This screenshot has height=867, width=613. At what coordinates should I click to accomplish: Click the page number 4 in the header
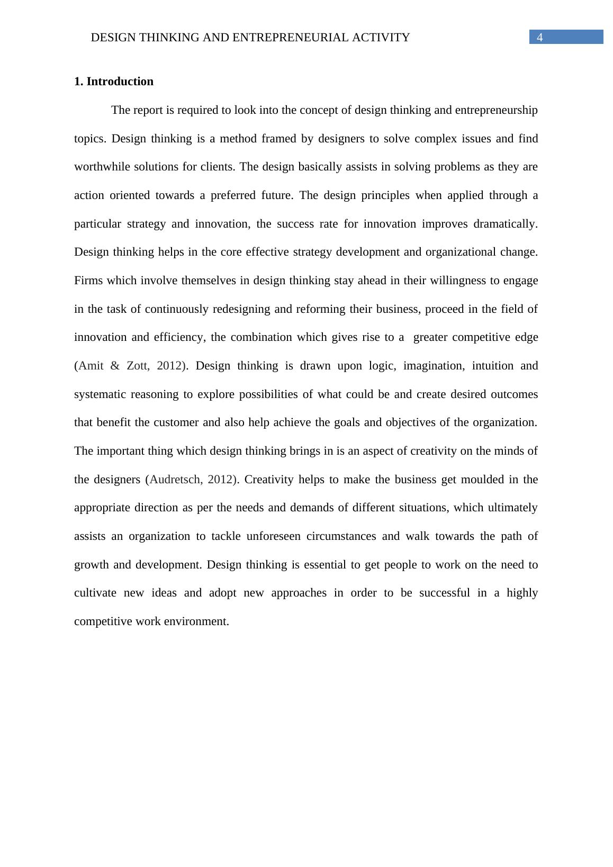click(x=540, y=38)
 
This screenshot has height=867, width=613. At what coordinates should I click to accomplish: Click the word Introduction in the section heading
click(x=120, y=82)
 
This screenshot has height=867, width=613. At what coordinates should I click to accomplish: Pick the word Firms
click(x=89, y=281)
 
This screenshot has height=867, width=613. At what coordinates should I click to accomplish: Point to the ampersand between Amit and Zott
click(x=115, y=366)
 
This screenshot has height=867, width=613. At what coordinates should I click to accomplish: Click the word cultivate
click(x=95, y=593)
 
